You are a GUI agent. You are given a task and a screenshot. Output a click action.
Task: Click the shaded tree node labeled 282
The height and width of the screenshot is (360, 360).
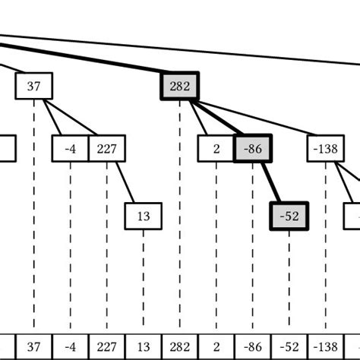coord(179,87)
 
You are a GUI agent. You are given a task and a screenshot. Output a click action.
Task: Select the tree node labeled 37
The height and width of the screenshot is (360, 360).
coord(34,87)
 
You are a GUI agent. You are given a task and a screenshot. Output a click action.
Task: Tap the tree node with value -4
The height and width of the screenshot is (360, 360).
coord(71,149)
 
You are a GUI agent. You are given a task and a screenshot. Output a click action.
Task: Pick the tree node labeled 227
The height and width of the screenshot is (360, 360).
coord(107,149)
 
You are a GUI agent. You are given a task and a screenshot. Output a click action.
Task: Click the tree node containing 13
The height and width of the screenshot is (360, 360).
coord(144,216)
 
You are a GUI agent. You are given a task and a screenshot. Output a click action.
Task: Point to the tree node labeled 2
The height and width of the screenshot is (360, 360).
coord(216,149)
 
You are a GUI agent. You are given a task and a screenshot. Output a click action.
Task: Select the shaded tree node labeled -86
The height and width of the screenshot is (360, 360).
coord(253,149)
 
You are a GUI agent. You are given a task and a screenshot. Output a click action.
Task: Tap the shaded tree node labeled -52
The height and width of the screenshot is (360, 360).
coord(289,216)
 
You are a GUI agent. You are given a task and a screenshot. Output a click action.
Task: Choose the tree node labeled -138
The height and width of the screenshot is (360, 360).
coord(326,149)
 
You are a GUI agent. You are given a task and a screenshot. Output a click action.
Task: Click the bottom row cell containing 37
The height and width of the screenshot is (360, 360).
coord(34,346)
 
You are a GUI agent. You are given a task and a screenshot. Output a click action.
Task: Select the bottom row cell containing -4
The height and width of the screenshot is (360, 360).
coord(71,346)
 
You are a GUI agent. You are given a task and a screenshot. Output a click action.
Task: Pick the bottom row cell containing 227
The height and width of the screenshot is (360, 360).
coord(107,346)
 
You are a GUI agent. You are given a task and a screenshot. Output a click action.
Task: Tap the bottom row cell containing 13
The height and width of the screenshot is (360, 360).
coord(144,346)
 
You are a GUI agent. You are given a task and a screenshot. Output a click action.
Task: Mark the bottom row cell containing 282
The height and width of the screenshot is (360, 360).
coord(180,346)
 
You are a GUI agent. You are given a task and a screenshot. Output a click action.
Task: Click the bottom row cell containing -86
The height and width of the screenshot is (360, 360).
coord(253,346)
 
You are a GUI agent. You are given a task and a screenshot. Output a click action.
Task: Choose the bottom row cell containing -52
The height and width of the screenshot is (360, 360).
coord(289,346)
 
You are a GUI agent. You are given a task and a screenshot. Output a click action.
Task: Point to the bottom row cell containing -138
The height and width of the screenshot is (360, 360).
coord(326,346)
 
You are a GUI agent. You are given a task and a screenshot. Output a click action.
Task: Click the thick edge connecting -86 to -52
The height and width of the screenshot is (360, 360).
coord(271,182)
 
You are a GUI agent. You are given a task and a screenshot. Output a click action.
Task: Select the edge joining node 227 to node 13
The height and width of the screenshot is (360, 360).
coord(125,182)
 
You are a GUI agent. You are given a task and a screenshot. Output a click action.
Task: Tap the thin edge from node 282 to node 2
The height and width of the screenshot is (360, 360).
coord(199,118)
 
